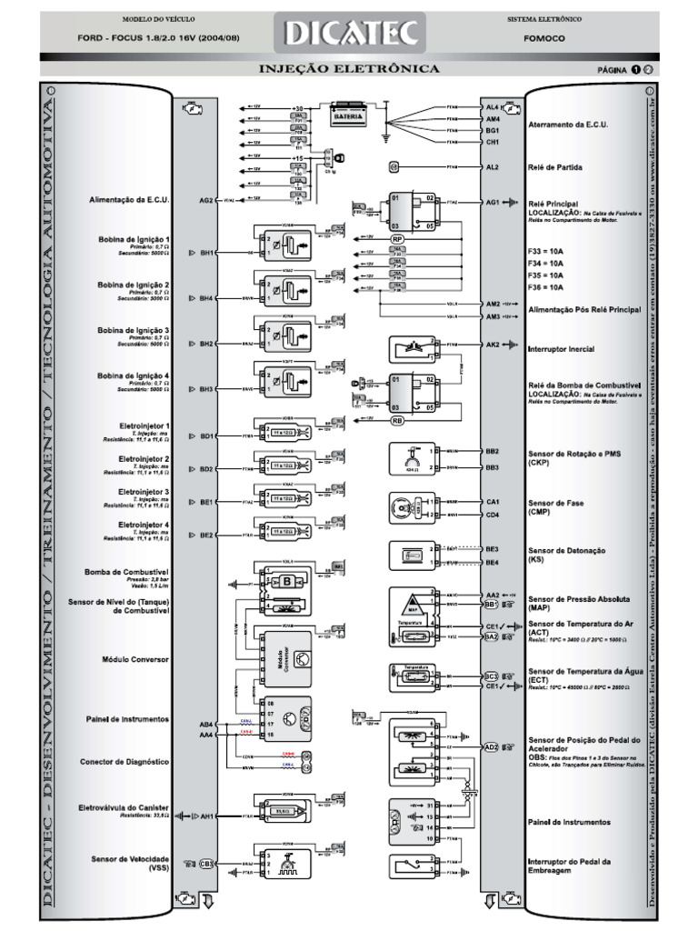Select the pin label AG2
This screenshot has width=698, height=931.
205,200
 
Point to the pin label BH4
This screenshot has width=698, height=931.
206,298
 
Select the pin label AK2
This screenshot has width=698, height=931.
493,346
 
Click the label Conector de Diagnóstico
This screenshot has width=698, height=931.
124,762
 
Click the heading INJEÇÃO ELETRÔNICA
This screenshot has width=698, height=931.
350,69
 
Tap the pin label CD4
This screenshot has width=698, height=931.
493,515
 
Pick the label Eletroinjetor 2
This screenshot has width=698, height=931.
144,459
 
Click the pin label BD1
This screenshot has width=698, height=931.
206,436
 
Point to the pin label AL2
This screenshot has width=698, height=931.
493,168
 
